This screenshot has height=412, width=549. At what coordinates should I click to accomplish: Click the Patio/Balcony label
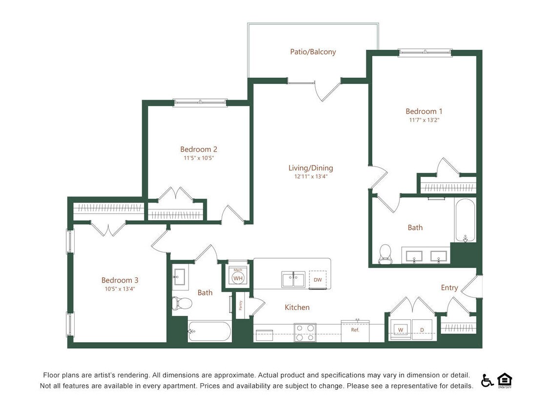pos(313,51)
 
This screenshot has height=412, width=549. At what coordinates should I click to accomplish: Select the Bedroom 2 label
pos(199,149)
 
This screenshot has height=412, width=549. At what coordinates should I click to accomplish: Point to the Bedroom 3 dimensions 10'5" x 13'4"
pos(120,288)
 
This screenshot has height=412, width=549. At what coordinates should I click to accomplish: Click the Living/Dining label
pos(310,168)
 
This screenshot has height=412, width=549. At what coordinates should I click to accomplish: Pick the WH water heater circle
pos(238,278)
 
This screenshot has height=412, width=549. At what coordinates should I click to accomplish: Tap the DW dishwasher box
pos(318,280)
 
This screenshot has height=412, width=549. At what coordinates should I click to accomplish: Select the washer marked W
pos(400,330)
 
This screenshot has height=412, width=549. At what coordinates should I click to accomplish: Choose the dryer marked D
pos(422,330)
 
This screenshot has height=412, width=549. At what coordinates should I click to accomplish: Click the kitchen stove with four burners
pos(305,332)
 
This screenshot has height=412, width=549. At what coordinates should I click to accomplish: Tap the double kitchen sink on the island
pos(293,280)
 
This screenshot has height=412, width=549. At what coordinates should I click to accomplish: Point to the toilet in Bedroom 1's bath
pos(385,254)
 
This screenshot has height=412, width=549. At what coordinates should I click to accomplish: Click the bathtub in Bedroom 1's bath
pos(465,220)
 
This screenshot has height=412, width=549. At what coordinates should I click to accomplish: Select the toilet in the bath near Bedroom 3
pos(182,303)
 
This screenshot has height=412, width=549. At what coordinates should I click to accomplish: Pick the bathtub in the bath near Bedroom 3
pos(210,331)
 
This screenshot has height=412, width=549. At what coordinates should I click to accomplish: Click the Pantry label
pos(241,306)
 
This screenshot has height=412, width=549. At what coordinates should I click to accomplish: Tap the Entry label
pos(449,288)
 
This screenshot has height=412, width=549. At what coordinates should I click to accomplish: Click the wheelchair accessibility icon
pos(487,380)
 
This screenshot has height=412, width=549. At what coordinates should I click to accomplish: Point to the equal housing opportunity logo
pos(504,379)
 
